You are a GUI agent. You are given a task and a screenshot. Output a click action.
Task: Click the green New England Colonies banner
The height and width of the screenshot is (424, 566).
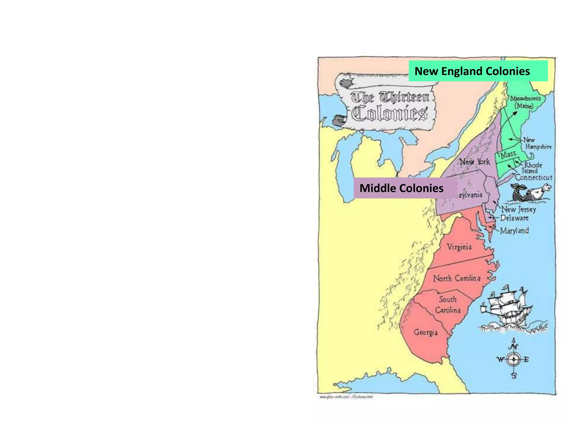pos(478,71)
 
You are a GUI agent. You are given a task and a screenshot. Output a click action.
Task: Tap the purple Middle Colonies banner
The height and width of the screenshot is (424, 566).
pos(405,188)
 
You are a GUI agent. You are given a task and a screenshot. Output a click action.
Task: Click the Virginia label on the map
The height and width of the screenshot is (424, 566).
pos(459,247)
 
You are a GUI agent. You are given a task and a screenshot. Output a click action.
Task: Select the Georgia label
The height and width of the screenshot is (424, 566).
pos(426,332)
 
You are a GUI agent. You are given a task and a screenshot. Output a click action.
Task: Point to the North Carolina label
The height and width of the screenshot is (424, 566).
pos(457,278)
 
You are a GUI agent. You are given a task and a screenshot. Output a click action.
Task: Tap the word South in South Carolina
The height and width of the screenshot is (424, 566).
pos(448,299)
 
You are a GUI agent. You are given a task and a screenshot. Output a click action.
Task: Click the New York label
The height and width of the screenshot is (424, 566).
pos(474,161)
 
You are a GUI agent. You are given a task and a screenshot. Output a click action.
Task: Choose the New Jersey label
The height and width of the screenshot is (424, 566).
pos(519,210)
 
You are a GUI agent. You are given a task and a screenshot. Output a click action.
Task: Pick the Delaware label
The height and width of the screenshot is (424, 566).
pos(514,218)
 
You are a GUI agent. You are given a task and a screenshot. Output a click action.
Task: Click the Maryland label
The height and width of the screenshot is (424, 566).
pos(514,230)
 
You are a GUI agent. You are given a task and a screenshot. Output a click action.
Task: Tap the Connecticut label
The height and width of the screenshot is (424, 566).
pos(533,177)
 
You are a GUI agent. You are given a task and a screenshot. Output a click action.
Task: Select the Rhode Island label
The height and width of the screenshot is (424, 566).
pos(533,168)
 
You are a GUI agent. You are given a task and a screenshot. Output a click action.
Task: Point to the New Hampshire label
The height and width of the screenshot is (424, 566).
pos(538,143)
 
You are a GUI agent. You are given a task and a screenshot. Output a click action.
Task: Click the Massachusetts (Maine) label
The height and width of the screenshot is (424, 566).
pos(525,102)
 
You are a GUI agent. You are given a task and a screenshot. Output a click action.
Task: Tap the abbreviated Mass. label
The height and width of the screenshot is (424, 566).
pos(509,154)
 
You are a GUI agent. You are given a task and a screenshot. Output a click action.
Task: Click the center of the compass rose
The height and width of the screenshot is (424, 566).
pos(513,359)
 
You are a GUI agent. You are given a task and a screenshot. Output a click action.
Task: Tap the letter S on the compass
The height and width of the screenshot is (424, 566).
pos(514,376)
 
